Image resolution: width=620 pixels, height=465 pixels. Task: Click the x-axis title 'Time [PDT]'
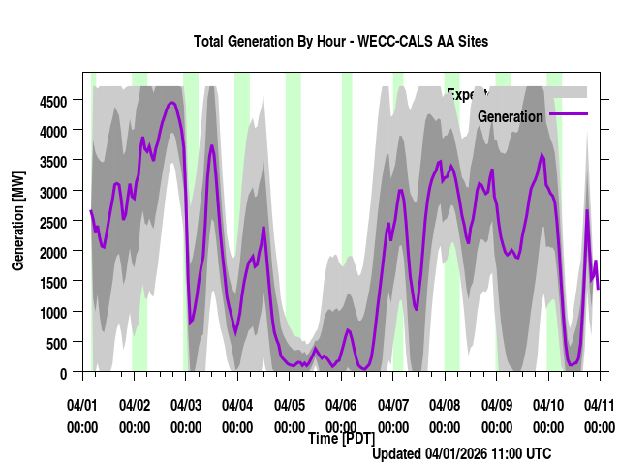(341, 439)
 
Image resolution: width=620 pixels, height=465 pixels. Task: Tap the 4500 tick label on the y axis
(53, 100)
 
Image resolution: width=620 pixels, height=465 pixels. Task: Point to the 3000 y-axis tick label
(53, 191)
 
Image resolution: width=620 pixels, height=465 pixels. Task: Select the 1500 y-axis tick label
(53, 282)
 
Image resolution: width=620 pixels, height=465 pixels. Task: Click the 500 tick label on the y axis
(57, 343)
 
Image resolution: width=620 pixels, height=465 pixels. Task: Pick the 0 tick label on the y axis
(63, 373)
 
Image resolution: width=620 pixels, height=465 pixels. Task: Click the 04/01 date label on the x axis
(82, 404)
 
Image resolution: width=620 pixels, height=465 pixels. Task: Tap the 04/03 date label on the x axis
(186, 404)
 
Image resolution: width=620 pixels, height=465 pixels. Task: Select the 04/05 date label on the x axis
(290, 404)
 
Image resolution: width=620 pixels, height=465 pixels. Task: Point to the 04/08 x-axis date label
(445, 404)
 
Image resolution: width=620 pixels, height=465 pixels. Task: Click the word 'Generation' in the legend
(511, 116)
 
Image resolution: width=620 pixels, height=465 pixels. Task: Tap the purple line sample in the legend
(569, 114)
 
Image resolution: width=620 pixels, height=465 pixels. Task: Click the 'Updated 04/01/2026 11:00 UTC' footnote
(461, 453)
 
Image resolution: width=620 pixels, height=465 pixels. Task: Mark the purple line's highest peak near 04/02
(171, 102)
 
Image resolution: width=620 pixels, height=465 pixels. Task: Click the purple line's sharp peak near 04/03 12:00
(212, 146)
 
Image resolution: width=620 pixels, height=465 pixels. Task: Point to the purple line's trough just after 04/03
(190, 322)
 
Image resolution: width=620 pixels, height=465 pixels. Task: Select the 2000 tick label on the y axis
(53, 252)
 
